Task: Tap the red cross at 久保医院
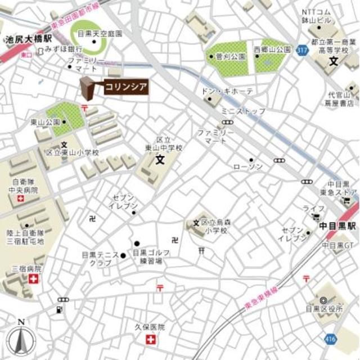150,340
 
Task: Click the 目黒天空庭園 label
100,33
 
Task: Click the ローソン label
247,167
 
